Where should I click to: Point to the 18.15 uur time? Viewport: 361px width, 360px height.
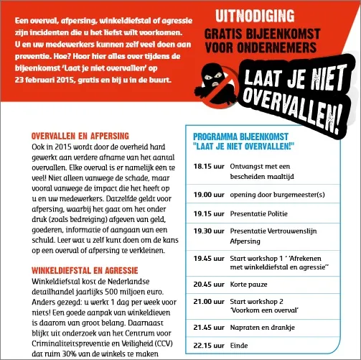[x=209, y=166]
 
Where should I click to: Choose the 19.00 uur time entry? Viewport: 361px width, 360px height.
[x=209, y=194]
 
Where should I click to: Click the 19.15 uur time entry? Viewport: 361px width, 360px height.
[x=209, y=213]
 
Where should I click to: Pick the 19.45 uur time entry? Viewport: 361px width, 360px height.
[x=209, y=257]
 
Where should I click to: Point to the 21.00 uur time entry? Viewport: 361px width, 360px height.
[x=209, y=301]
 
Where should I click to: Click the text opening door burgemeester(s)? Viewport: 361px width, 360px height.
[x=277, y=194]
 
